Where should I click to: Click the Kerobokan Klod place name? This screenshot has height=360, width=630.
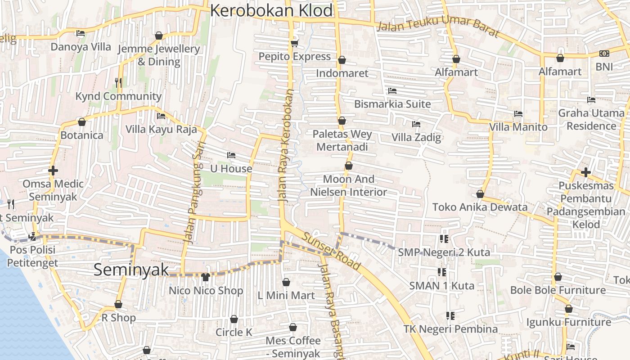[x=271, y=10]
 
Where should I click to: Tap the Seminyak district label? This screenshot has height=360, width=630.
[x=131, y=270]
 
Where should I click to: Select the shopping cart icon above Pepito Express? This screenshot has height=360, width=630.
[x=294, y=43]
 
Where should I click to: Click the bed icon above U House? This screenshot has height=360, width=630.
[x=231, y=155]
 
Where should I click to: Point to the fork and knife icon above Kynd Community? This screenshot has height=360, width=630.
[x=118, y=82]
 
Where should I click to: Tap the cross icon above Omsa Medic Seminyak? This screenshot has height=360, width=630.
[x=53, y=171]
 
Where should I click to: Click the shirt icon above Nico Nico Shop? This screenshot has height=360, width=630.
[x=206, y=276]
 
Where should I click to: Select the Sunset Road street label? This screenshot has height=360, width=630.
[x=331, y=251]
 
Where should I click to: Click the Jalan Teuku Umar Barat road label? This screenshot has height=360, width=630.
[x=438, y=29]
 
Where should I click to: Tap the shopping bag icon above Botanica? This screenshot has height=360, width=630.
[x=82, y=122]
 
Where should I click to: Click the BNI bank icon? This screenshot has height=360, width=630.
[x=604, y=54]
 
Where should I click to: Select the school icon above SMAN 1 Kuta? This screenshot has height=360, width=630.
[x=442, y=272]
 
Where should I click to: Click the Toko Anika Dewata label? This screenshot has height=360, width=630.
[x=480, y=207]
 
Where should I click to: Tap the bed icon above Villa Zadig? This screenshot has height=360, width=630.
[x=416, y=124]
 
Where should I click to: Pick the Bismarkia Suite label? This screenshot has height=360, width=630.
[x=392, y=104]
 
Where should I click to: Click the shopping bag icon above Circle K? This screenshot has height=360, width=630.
[x=234, y=319]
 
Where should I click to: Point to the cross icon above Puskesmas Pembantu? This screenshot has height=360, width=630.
[x=585, y=172]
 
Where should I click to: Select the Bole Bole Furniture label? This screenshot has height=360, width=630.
[x=558, y=290]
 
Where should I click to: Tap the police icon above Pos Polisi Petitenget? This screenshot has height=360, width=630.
[x=32, y=236]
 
